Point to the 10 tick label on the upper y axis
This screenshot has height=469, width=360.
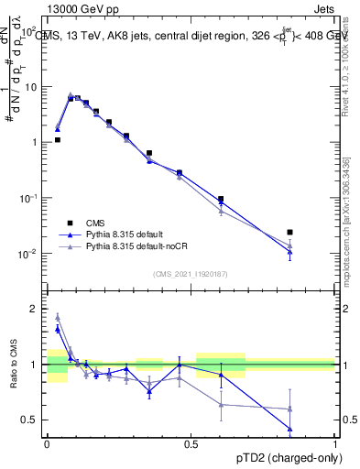point(31,87)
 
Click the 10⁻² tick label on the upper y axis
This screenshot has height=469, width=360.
point(29,254)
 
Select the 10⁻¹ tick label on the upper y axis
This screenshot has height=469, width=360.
point(29,198)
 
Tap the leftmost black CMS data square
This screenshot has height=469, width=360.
point(57,140)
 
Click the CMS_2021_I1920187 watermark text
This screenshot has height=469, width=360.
point(191,273)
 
